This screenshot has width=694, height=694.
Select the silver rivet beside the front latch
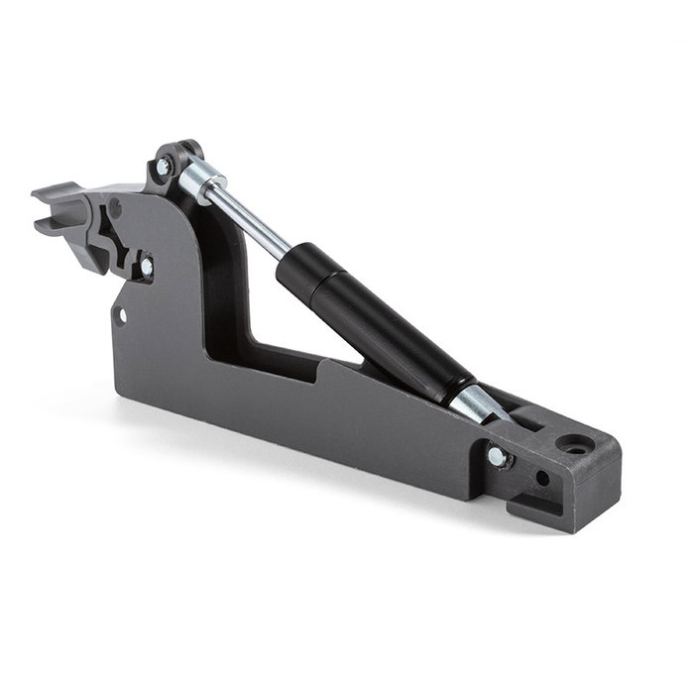point(147,266)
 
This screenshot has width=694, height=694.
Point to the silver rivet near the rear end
point(495,456)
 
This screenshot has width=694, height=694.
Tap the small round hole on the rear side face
point(542,477)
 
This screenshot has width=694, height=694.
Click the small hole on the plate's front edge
point(122,315)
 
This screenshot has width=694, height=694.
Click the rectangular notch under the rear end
point(525,511)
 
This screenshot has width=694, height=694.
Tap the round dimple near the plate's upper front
point(115,208)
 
